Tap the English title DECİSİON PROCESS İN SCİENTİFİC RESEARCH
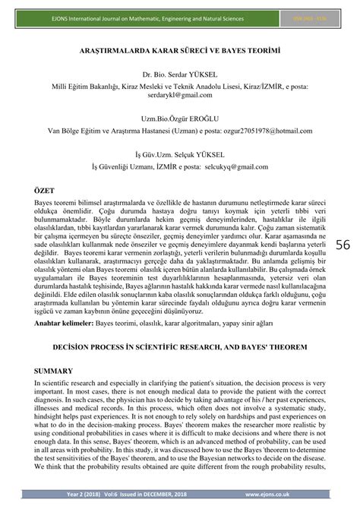pyautogui.click(x=165, y=349)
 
